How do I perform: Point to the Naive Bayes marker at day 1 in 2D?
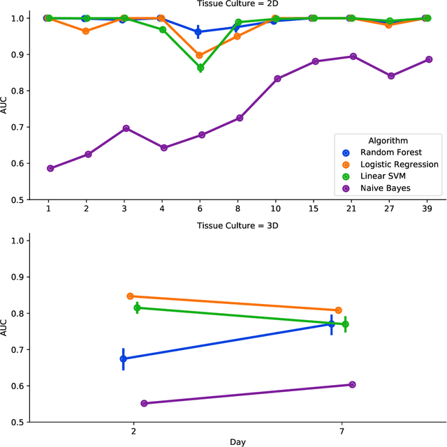(x=50, y=168)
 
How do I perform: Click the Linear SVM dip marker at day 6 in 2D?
(x=200, y=68)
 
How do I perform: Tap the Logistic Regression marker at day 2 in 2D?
(x=86, y=31)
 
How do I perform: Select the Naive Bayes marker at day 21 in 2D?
(x=353, y=56)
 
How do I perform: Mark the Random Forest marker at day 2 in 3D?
(x=123, y=358)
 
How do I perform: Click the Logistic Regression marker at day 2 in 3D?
(x=130, y=296)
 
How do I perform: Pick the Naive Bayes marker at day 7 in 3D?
(x=352, y=384)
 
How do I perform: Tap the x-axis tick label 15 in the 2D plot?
(x=315, y=209)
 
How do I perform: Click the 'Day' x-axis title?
(x=237, y=442)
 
